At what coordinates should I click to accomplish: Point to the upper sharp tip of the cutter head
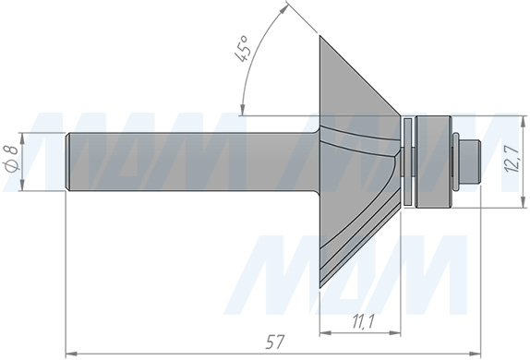[320, 36]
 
